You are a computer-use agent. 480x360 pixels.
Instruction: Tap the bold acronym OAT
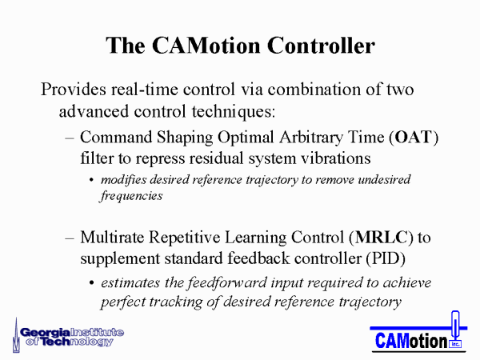click(x=414, y=137)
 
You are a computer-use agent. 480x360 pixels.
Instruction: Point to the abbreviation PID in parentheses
click(x=386, y=258)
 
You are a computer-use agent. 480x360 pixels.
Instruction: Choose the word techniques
click(x=231, y=112)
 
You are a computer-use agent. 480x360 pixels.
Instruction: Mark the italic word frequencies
click(x=131, y=196)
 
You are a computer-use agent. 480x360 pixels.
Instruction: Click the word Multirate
click(x=112, y=238)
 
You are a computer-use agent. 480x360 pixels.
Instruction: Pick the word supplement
click(x=120, y=259)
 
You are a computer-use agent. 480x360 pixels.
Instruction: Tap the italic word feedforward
click(x=227, y=282)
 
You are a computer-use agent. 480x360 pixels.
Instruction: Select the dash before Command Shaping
click(x=70, y=138)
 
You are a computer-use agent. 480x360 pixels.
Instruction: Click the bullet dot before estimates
click(x=91, y=283)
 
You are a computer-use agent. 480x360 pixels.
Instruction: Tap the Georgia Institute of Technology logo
click(x=68, y=336)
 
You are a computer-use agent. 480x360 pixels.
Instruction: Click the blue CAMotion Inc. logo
click(x=418, y=333)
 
